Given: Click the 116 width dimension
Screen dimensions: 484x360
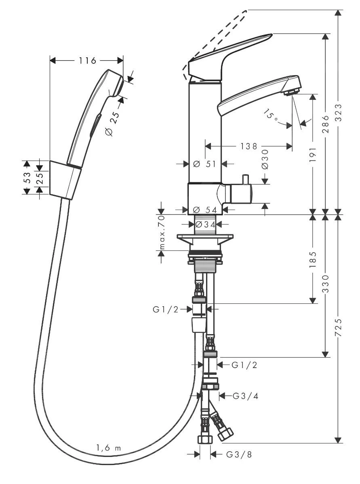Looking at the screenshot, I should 87,61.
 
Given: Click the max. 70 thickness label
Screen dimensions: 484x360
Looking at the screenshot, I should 161,233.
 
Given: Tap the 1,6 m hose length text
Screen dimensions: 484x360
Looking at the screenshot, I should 108,448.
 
